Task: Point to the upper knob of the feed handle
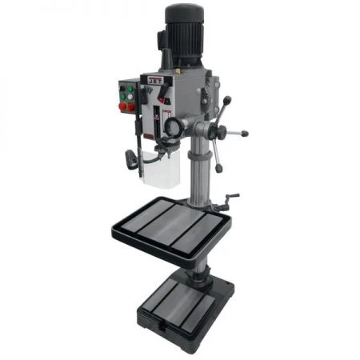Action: (x=226, y=101)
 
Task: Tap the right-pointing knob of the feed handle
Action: (x=243, y=134)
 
